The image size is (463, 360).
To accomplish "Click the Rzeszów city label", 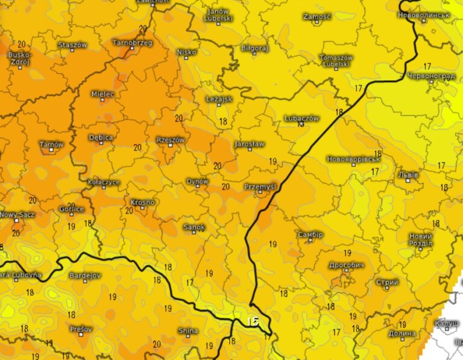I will pos(171,139).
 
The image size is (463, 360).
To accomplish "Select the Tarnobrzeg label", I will pos(133,43).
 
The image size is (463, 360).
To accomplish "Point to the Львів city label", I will pos(408,175).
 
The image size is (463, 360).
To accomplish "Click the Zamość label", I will pos(317,17).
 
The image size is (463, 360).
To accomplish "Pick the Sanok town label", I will pos(194,227).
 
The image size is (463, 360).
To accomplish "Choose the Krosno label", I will pos(143,202).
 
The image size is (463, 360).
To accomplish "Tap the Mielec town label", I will pos(102,94).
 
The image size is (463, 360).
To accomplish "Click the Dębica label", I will pos(101,137).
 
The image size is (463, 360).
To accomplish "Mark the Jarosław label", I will pos(249,144).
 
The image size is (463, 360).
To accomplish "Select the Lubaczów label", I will pos(301,118).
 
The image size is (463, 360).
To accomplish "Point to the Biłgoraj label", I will pos(254,48).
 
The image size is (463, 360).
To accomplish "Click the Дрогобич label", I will pos(347,265).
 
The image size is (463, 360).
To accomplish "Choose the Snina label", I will pos(187,330).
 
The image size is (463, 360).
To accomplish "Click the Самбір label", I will pos(310,234).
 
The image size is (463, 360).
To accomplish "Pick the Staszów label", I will pos(73,45).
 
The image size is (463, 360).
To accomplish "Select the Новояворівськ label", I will pos(353,159).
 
